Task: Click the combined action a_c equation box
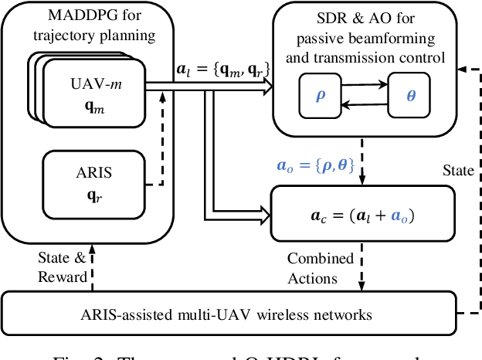(x=346, y=212)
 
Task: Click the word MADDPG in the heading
(x=76, y=16)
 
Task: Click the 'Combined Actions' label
(x=319, y=267)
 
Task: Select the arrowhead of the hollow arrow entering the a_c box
(x=266, y=211)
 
